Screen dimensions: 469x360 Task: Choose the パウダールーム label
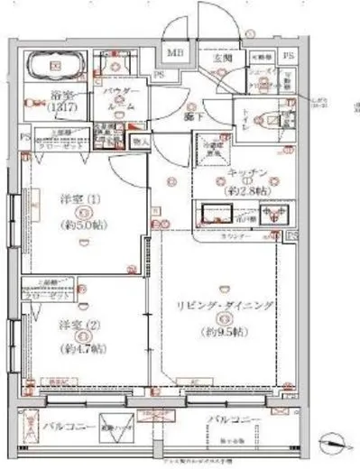(119, 98)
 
